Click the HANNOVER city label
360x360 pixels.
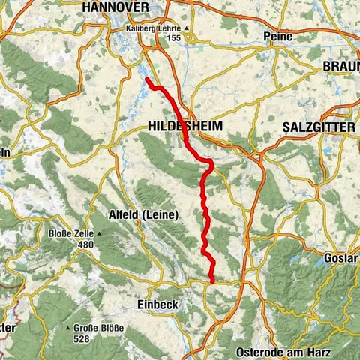(112, 6)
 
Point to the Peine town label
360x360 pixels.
(278, 36)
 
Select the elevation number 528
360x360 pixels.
(82, 338)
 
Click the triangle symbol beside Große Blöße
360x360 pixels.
(67, 328)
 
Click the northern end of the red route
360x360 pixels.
(147, 79)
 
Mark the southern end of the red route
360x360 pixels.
(213, 282)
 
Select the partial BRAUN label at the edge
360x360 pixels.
(341, 65)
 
